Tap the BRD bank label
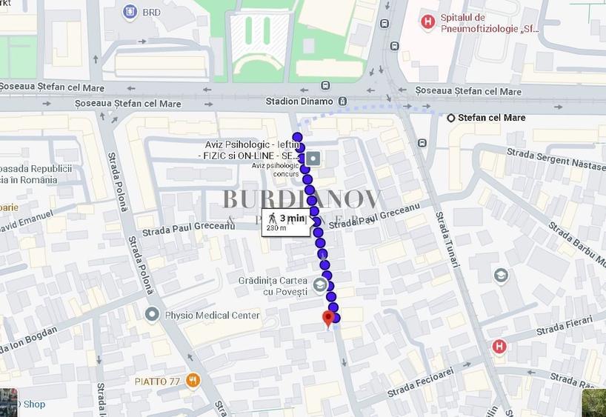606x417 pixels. click(151, 12)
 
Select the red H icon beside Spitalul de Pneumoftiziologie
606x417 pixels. click(427, 22)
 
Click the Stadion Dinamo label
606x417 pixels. click(299, 101)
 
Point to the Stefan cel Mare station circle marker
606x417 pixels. click(451, 118)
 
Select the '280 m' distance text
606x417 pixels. click(276, 228)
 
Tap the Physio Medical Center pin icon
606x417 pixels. click(153, 315)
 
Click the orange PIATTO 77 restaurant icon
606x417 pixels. click(193, 381)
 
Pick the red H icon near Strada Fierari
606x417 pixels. click(499, 346)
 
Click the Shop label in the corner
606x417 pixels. click(34, 404)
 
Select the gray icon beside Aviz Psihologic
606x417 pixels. click(313, 158)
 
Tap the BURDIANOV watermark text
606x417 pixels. click(302, 199)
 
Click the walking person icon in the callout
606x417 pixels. click(272, 217)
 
